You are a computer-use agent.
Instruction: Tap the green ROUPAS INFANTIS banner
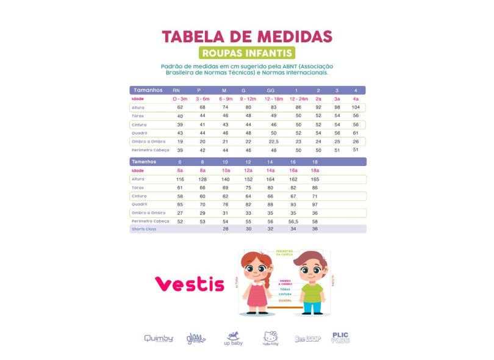click(247, 53)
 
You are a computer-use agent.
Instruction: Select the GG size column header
click(270, 90)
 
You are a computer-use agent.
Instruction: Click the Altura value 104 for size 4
click(356, 107)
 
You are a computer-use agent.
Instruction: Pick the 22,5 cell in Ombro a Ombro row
click(274, 142)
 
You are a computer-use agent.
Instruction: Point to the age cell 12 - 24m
click(299, 99)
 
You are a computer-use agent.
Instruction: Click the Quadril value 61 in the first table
click(356, 133)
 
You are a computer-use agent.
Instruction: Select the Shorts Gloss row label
click(144, 229)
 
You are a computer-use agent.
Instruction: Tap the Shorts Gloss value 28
click(226, 229)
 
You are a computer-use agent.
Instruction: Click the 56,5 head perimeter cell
click(293, 221)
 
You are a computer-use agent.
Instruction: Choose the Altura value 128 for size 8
click(202, 179)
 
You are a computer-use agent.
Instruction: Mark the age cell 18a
click(315, 171)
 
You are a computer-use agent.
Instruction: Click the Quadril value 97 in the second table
click(315, 204)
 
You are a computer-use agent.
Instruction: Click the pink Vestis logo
click(189, 284)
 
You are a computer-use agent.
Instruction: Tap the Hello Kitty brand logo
click(271, 337)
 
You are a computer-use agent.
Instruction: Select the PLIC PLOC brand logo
click(340, 337)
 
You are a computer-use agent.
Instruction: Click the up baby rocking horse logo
click(234, 337)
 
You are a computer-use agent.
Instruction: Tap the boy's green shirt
click(312, 291)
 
